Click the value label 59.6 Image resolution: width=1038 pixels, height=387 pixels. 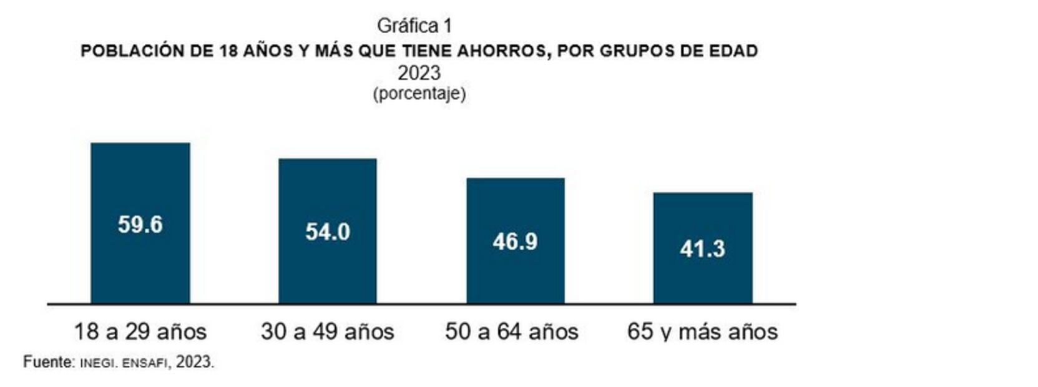pyautogui.click(x=140, y=225)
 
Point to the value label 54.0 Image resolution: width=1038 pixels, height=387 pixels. pyautogui.click(x=327, y=232)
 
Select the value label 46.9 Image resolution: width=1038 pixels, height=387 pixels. pyautogui.click(x=515, y=242)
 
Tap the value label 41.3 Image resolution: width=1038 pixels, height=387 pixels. pyautogui.click(x=702, y=249)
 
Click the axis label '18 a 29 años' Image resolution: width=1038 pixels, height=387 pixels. pyautogui.click(x=140, y=331)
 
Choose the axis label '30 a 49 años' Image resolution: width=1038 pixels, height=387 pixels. pyautogui.click(x=327, y=331)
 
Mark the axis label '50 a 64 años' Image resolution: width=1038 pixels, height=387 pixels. pyautogui.click(x=511, y=331)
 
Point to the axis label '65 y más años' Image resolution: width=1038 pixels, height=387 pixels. pyautogui.click(x=702, y=331)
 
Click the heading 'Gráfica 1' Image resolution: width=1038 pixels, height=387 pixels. pyautogui.click(x=414, y=26)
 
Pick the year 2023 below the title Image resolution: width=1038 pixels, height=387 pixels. pyautogui.click(x=419, y=73)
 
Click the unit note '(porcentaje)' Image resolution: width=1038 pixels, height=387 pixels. pyautogui.click(x=419, y=94)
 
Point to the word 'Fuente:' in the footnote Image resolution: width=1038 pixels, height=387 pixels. pyautogui.click(x=49, y=362)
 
